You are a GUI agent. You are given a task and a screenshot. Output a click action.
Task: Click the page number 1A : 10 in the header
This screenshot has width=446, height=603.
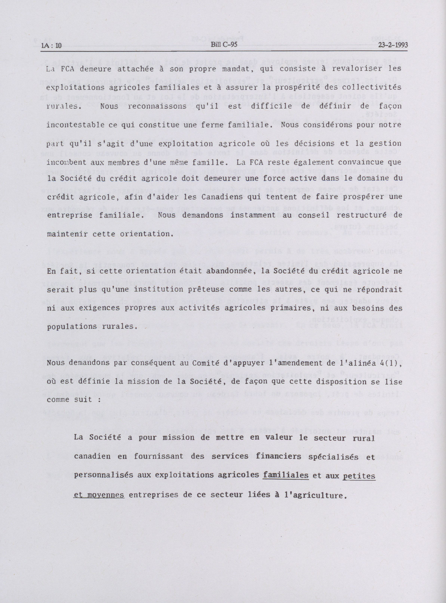[51, 45]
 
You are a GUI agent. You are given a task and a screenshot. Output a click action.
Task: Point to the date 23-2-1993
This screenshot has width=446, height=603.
[393, 45]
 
